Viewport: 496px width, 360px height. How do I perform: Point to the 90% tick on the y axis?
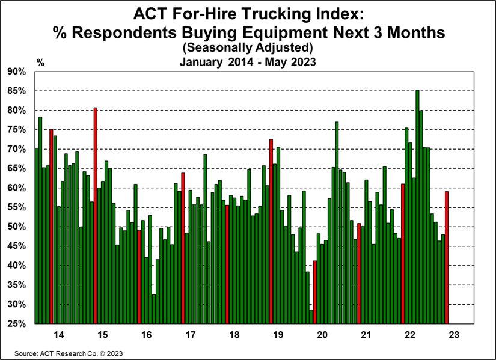[17, 72]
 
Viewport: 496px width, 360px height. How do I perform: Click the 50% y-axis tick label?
[17, 227]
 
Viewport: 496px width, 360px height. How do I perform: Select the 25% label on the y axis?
[17, 324]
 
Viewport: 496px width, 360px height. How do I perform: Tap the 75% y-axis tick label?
[17, 130]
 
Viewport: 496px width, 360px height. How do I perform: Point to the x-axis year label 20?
[322, 335]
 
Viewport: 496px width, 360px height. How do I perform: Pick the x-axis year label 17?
[190, 335]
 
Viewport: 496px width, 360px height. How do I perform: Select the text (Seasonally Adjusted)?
[248, 46]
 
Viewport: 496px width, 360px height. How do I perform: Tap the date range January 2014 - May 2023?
[248, 60]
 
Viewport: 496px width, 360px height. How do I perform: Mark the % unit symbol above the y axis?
[40, 62]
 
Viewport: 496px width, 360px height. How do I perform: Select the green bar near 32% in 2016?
[154, 309]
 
